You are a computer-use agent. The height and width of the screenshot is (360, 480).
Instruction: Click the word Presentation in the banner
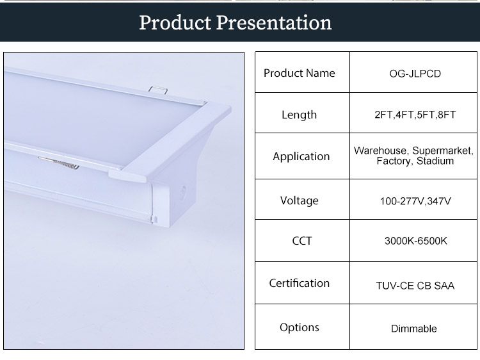click(274, 22)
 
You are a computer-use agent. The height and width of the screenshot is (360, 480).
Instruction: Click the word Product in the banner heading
click(175, 22)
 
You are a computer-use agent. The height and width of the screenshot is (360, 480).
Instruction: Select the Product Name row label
click(300, 73)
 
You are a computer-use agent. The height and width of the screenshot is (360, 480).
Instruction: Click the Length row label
click(299, 115)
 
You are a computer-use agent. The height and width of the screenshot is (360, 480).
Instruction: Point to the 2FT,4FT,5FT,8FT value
click(415, 115)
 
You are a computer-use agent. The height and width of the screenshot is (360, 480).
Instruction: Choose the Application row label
click(301, 156)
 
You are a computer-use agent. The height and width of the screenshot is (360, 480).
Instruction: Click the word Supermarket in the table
click(442, 151)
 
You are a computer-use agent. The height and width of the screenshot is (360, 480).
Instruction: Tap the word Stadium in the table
click(435, 161)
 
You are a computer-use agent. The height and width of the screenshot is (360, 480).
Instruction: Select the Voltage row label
click(300, 200)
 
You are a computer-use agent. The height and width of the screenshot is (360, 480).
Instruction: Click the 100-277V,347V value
click(415, 201)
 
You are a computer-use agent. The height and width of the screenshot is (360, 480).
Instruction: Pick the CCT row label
click(302, 241)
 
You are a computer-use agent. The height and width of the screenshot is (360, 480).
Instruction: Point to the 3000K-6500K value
click(416, 241)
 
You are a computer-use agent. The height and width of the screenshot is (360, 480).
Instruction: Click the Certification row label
click(300, 283)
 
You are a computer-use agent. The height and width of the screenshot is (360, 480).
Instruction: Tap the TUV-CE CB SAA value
click(415, 286)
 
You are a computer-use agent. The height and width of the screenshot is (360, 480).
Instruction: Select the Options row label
click(300, 327)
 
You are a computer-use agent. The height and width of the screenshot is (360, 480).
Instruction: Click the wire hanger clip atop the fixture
click(158, 90)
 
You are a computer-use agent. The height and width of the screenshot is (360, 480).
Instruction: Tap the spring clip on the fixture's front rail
click(59, 163)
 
